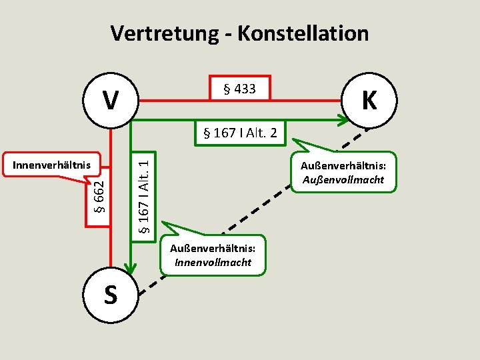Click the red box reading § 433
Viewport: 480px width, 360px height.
[240, 88]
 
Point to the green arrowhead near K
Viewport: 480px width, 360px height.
[341, 121]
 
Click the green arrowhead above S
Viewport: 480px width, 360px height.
[131, 267]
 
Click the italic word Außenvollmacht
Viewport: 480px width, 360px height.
[343, 179]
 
